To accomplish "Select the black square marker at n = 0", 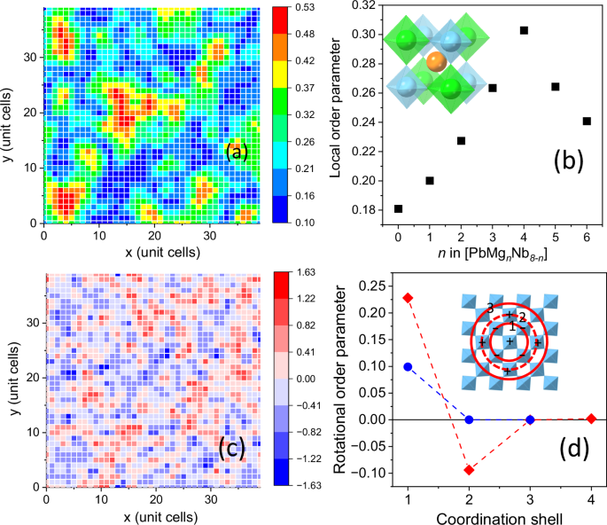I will [x=398, y=208].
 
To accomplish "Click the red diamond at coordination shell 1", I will [x=408, y=297].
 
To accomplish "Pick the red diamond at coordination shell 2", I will [x=469, y=469].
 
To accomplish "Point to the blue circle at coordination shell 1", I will [x=408, y=366].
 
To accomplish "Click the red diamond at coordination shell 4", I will [x=591, y=419].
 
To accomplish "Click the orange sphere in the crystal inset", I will [x=435, y=61].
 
